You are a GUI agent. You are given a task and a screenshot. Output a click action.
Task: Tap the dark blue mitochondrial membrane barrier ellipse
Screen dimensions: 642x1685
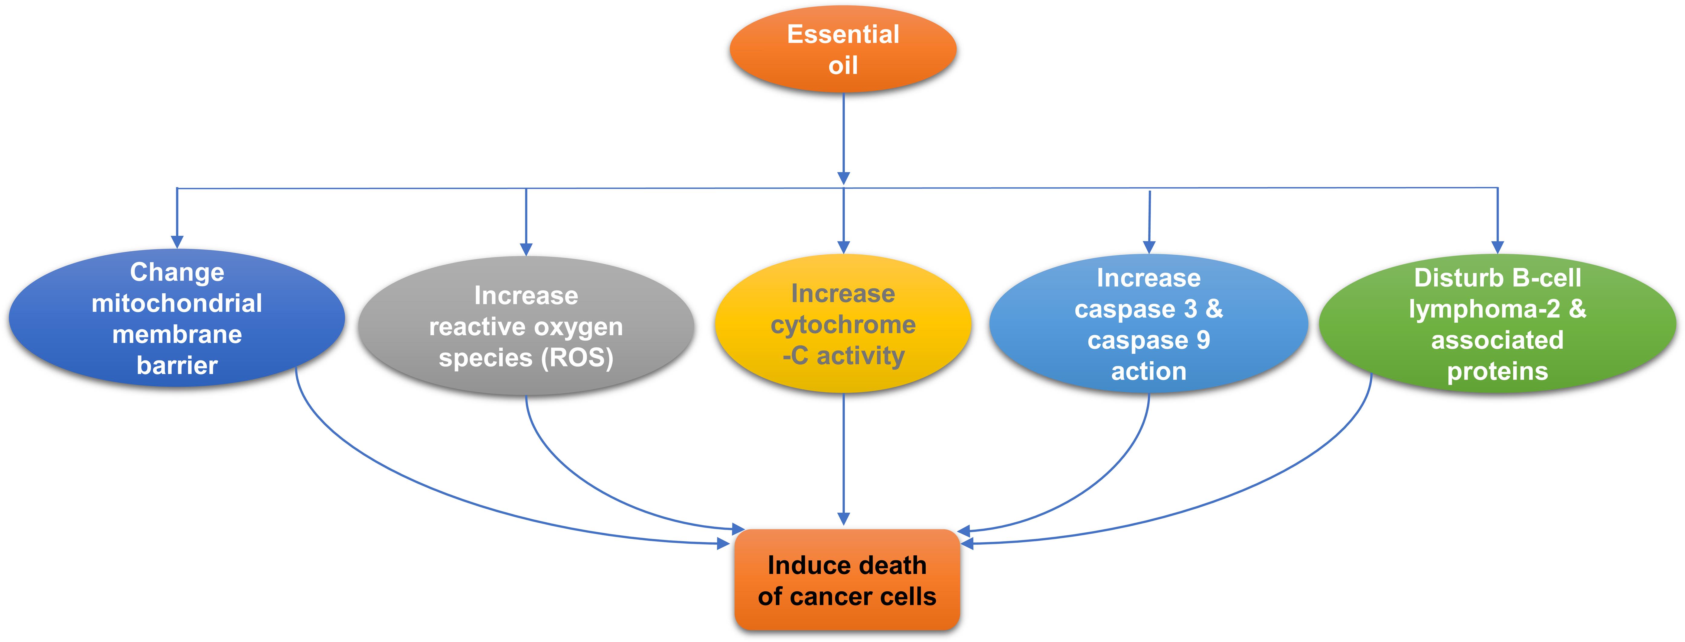click(177, 318)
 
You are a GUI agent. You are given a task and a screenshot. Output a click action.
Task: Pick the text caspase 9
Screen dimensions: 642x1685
click(1149, 340)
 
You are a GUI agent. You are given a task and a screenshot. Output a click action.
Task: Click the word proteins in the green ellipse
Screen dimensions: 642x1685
click(1497, 371)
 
